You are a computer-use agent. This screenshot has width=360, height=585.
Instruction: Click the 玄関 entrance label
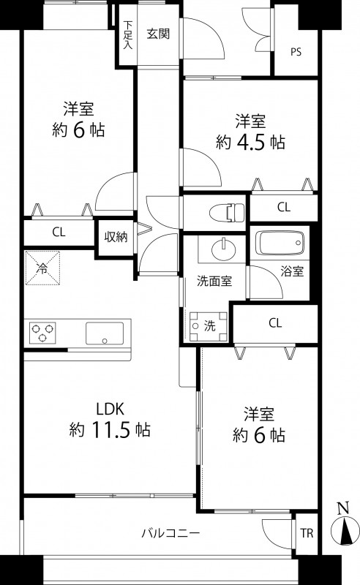coord(158,33)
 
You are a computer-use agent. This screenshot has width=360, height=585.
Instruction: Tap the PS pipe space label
coord(296,52)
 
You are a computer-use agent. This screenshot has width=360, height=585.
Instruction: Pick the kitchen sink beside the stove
coord(107,333)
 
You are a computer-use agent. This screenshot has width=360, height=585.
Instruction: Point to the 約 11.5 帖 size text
coord(110,429)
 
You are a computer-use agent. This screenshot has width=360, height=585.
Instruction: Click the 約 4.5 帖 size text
coord(250,142)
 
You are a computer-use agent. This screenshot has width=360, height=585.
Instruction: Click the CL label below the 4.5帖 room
coord(283,208)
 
